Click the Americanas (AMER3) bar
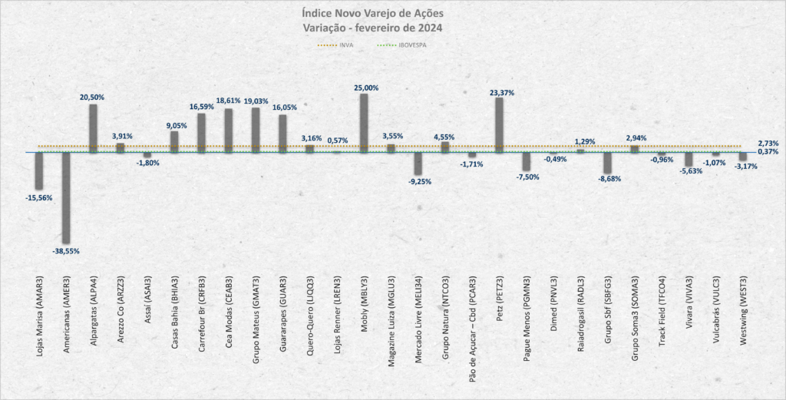click(66, 198)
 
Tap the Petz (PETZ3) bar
click(499, 125)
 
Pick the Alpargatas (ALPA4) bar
click(93, 128)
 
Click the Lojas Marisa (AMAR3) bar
click(39, 170)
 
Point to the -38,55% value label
click(66, 251)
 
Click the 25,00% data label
click(365, 88)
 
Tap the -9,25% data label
click(418, 181)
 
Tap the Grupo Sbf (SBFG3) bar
click(607, 163)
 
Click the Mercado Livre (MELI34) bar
click(418, 164)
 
